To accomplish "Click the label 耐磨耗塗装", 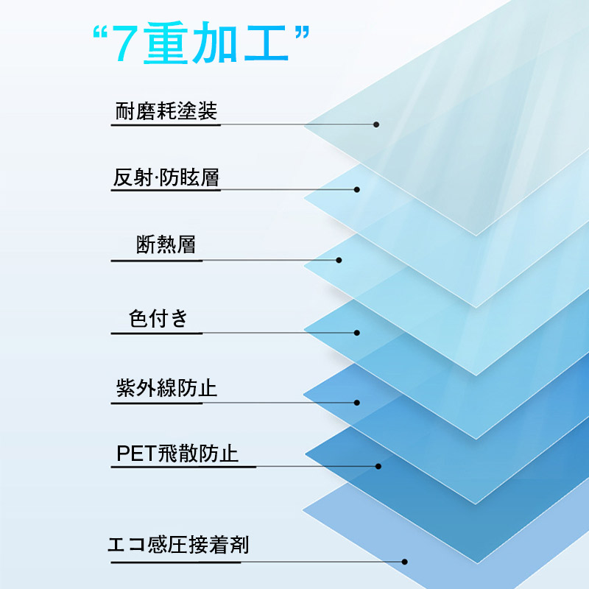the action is click(x=166, y=111).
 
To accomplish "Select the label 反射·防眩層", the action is click(x=166, y=177).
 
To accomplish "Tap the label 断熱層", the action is click(x=166, y=244).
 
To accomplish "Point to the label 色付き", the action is click(x=158, y=318).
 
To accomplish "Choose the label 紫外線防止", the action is click(x=166, y=388).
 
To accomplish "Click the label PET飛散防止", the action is click(x=177, y=453).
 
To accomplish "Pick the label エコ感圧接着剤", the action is click(x=178, y=545).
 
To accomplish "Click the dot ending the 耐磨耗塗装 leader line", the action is click(x=376, y=124).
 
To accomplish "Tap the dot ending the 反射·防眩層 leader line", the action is click(x=357, y=190).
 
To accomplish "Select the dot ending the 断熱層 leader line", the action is click(x=339, y=260).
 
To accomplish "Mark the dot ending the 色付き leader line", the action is click(x=357, y=333).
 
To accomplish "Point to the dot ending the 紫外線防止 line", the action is click(x=357, y=403).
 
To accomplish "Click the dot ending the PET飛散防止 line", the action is click(x=378, y=466).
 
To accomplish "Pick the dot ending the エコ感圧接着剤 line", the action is click(x=404, y=562).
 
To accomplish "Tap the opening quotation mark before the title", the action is click(x=99, y=32).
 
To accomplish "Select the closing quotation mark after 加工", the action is click(x=303, y=32).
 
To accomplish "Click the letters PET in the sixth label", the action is click(x=136, y=454).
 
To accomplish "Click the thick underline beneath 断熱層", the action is click(x=157, y=261).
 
